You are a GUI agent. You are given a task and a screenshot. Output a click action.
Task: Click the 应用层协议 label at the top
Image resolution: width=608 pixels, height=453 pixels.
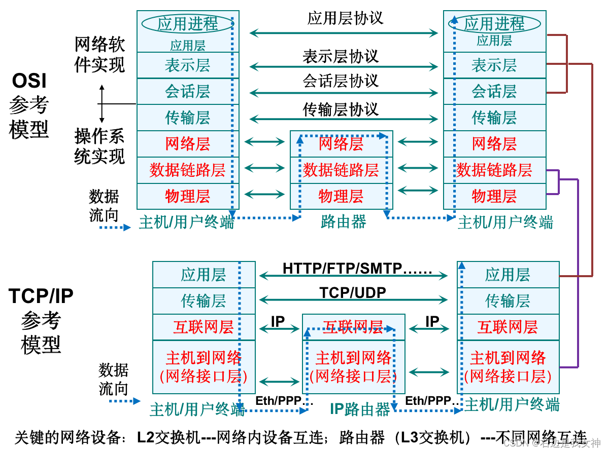(345, 18)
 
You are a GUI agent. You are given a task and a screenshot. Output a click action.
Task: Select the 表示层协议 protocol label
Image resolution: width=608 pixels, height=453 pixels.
(341, 56)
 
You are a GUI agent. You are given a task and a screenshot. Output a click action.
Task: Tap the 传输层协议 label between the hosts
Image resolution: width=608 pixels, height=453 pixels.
(341, 109)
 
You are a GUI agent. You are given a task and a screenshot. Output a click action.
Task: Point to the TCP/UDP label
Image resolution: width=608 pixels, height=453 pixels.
(353, 293)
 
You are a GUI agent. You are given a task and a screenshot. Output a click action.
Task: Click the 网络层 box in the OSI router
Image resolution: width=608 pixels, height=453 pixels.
(341, 144)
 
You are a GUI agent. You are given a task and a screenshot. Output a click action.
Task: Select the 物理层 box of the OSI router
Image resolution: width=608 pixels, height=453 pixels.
(341, 196)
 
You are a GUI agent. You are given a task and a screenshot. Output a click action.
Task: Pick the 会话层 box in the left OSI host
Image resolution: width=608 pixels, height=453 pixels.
(187, 91)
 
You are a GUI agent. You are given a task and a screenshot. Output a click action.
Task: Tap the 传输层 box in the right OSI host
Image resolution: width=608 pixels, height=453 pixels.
(494, 118)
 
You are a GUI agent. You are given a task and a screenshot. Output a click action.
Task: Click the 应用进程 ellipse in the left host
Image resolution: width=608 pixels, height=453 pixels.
(187, 23)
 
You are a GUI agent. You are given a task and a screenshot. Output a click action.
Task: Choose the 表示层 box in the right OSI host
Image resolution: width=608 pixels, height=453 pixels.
(494, 65)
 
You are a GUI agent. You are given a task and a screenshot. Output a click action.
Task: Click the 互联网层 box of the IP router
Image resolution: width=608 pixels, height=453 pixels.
(353, 327)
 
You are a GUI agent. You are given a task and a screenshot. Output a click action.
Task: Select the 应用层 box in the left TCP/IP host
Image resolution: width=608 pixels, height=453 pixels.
(204, 275)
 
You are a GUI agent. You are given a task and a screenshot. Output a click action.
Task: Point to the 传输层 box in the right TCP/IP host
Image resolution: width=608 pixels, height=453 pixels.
(508, 301)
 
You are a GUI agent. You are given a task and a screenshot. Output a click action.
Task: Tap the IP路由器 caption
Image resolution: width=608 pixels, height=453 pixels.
(360, 409)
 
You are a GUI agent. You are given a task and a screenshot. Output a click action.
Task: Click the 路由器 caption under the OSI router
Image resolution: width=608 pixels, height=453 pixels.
(344, 221)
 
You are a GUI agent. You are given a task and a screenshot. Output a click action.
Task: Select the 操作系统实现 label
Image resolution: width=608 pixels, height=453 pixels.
(99, 146)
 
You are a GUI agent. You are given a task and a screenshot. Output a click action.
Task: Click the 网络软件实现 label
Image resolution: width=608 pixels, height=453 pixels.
(99, 54)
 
